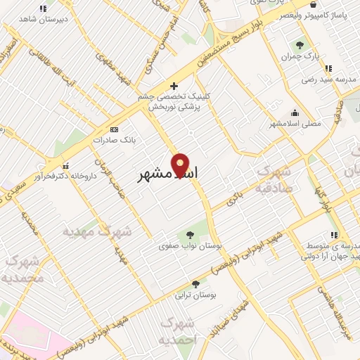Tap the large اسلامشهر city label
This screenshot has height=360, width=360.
[x=167, y=174]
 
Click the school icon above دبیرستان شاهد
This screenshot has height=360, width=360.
[x=43, y=8]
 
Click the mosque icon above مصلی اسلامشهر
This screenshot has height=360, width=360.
[x=294, y=113]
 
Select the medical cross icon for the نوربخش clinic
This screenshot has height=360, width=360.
[x=174, y=86]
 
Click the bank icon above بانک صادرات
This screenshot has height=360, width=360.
[x=115, y=130]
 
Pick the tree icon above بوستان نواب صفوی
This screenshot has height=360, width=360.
[x=189, y=236]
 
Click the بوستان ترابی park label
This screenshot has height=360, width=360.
[x=195, y=296]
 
